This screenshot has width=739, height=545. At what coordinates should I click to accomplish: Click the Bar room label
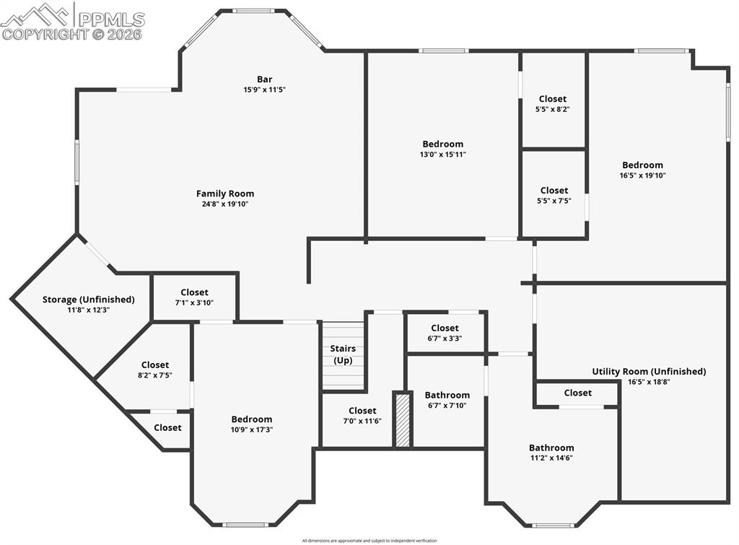click(264, 79)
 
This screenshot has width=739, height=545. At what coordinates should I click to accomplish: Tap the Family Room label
click(225, 193)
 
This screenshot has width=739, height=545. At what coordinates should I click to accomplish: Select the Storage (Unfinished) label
click(88, 300)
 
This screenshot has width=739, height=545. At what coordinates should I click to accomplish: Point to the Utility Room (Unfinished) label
click(649, 372)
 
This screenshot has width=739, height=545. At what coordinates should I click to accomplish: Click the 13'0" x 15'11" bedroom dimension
click(443, 154)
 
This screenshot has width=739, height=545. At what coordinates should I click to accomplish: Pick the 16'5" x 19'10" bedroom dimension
click(642, 175)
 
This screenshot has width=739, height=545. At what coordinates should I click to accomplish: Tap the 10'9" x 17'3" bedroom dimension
click(252, 430)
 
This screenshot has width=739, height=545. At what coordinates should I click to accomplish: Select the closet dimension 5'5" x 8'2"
click(553, 109)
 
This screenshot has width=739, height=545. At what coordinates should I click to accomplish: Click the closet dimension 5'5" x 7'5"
click(554, 201)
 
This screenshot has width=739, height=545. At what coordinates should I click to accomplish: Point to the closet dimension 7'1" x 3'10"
click(194, 303)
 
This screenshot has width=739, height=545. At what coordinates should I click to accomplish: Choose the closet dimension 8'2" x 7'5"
click(155, 375)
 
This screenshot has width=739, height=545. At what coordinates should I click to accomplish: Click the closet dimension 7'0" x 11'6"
click(362, 421)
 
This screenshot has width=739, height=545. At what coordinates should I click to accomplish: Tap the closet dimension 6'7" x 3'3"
click(445, 338)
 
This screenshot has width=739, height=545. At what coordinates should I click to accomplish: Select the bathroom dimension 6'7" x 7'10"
click(447, 405)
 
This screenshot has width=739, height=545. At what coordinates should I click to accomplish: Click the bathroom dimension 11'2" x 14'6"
click(551, 458)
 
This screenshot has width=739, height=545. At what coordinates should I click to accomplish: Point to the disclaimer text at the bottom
click(369, 540)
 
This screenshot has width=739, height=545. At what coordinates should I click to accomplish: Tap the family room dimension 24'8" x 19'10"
click(225, 204)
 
